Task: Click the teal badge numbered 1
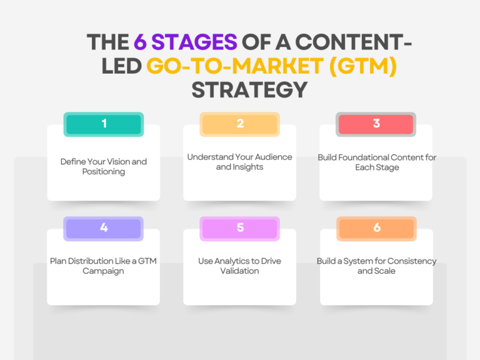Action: click(104, 124)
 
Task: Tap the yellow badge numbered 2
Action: click(239, 124)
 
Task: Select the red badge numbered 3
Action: click(376, 124)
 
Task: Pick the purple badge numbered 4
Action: click(104, 228)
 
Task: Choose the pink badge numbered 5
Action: click(239, 228)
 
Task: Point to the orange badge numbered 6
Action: click(376, 228)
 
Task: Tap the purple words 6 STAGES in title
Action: click(185, 42)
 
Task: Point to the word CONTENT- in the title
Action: click(348, 42)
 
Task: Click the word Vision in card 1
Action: click(118, 162)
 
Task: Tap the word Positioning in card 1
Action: click(104, 172)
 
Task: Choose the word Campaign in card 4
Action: click(104, 271)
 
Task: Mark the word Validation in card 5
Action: click(239, 271)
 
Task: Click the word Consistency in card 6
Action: click(409, 261)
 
